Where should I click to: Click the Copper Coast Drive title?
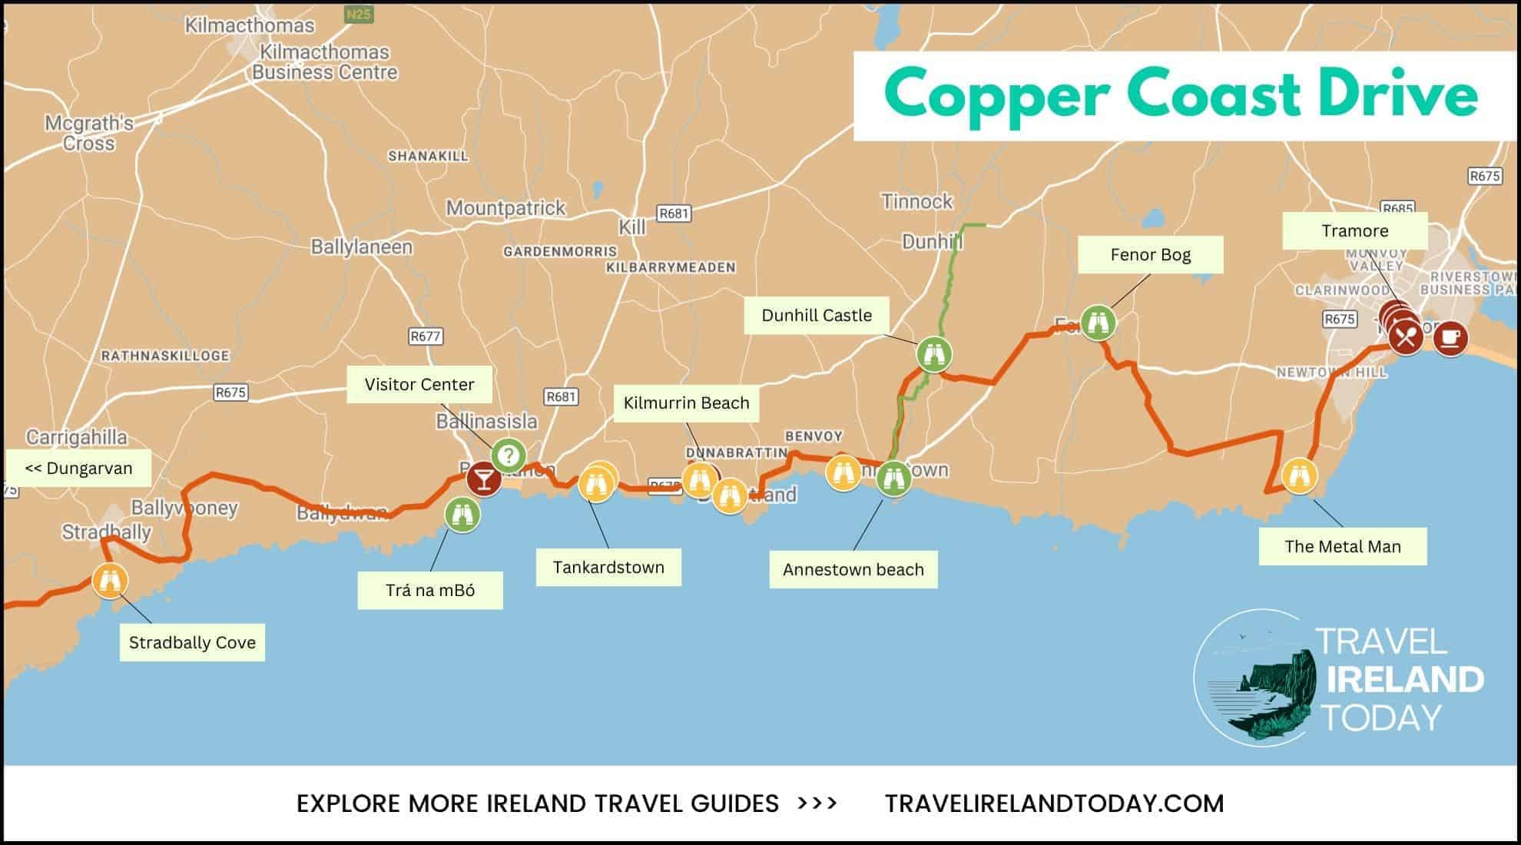(x=1181, y=95)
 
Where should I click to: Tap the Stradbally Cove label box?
(x=192, y=642)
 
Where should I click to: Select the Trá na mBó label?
(x=430, y=590)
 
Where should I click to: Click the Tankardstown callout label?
(x=608, y=567)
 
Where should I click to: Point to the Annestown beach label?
(x=853, y=569)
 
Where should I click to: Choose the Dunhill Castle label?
(x=817, y=315)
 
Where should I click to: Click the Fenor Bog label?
(x=1150, y=254)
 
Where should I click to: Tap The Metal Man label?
(x=1342, y=546)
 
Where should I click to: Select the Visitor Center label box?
(x=419, y=384)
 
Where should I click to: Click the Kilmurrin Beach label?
(x=686, y=403)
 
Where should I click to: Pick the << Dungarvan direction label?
(x=78, y=468)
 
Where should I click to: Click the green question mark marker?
(x=508, y=456)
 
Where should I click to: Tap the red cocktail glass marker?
(x=484, y=479)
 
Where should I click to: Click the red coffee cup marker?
(x=1450, y=337)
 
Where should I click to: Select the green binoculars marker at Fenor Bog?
(x=1098, y=323)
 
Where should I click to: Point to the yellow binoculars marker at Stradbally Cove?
(x=110, y=580)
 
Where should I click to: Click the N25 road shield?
(x=358, y=14)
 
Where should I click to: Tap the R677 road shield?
(x=425, y=336)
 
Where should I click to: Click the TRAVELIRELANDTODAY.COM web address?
(x=1054, y=804)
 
